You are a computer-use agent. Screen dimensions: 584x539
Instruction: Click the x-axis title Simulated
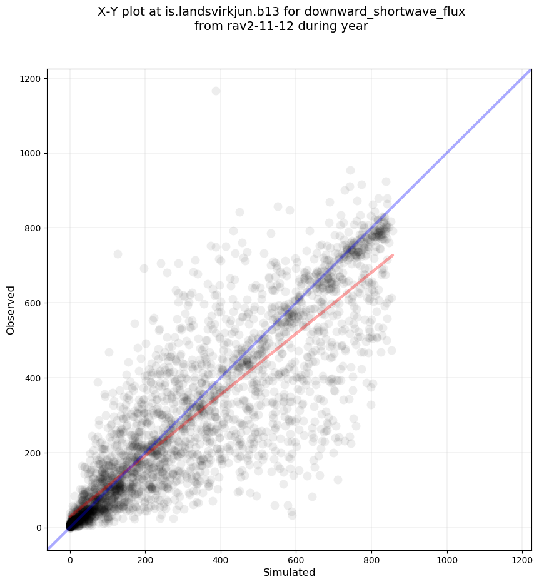click(289, 572)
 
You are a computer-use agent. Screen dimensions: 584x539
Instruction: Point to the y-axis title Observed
click(11, 310)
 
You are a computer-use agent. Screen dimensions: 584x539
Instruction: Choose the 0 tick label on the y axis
click(39, 528)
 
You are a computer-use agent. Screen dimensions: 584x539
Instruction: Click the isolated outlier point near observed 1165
click(216, 91)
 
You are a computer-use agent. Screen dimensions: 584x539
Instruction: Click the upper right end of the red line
click(392, 255)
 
